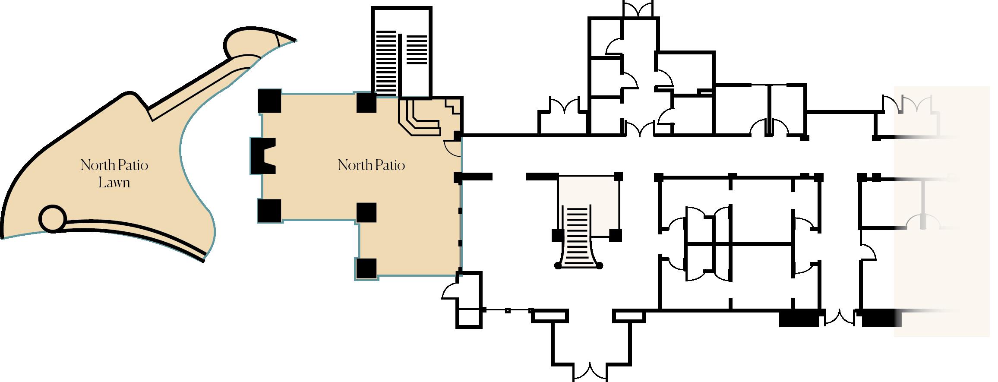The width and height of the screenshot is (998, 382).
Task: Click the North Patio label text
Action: pyautogui.click(x=371, y=165)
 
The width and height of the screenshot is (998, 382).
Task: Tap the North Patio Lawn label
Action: pyautogui.click(x=114, y=174)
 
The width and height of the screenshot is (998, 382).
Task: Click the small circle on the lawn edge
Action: pyautogui.click(x=52, y=218)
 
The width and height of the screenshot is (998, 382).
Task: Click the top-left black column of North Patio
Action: pyautogui.click(x=270, y=101)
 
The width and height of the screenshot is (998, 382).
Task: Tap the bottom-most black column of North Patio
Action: pyautogui.click(x=366, y=268)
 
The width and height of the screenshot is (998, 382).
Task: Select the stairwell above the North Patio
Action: pyautogui.click(x=401, y=52)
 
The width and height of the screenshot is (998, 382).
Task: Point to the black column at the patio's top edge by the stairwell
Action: pyautogui.click(x=366, y=102)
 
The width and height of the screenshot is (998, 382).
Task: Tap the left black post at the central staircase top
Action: pyautogui.click(x=557, y=236)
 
